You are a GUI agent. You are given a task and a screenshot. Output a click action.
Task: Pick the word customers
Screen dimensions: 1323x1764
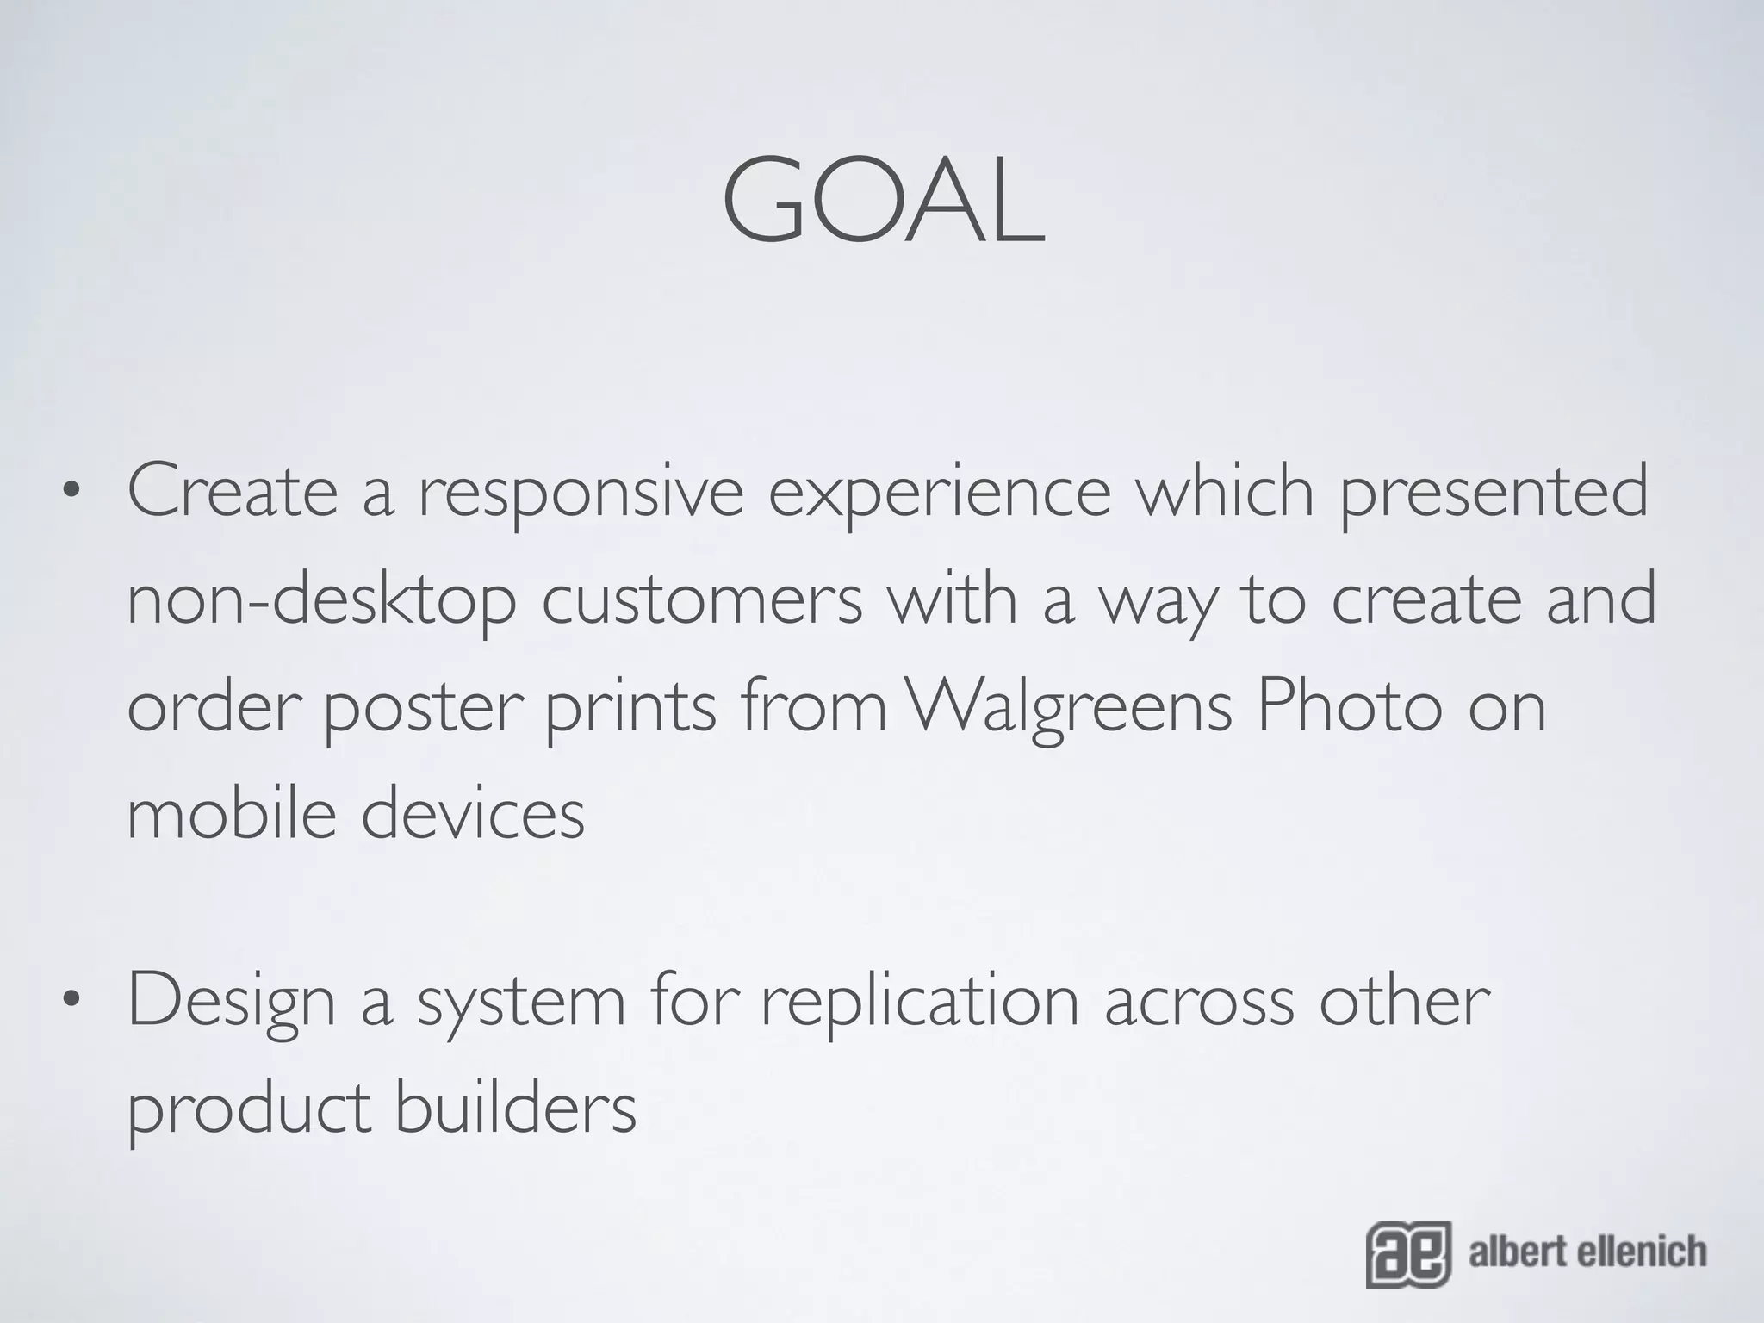tap(702, 600)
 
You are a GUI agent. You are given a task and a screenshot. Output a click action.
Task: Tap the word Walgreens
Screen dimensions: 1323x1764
tap(1071, 709)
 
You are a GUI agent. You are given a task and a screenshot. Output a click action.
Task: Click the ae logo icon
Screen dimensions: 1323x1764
tap(1407, 1254)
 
